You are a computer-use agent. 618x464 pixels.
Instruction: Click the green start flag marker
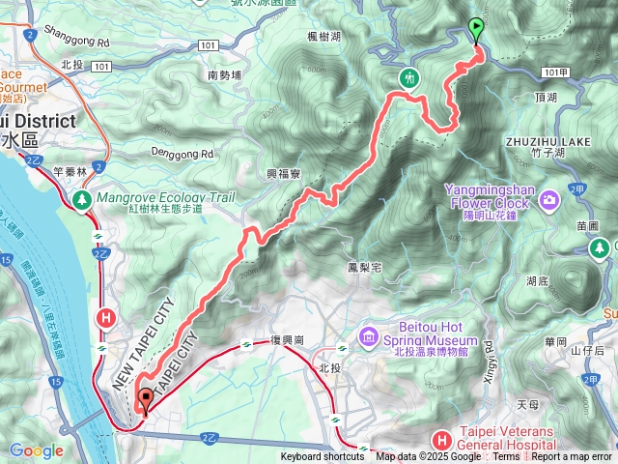[475, 28]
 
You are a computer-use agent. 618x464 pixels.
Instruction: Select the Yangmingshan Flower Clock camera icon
[549, 200]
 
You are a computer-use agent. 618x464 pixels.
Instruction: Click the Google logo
[36, 450]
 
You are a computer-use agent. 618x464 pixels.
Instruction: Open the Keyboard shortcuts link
[323, 457]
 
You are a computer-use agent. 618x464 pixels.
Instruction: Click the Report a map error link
[573, 457]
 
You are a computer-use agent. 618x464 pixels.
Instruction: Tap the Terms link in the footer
[506, 457]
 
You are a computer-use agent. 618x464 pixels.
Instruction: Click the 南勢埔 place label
[226, 74]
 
